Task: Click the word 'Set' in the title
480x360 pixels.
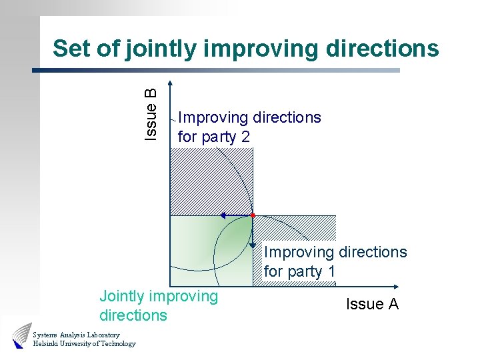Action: (70, 48)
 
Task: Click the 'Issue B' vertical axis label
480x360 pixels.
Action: (151, 114)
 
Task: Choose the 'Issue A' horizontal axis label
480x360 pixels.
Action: (372, 304)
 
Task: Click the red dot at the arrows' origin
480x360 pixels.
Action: (253, 215)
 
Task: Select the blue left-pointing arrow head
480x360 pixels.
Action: (223, 216)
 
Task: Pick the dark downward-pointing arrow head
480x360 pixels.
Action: (253, 244)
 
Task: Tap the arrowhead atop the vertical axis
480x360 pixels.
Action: (171, 85)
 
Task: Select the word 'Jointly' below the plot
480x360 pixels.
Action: (125, 295)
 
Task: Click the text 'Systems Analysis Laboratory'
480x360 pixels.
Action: (76, 334)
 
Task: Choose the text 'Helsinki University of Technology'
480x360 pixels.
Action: (84, 344)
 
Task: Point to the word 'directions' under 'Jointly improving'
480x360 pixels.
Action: (133, 315)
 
